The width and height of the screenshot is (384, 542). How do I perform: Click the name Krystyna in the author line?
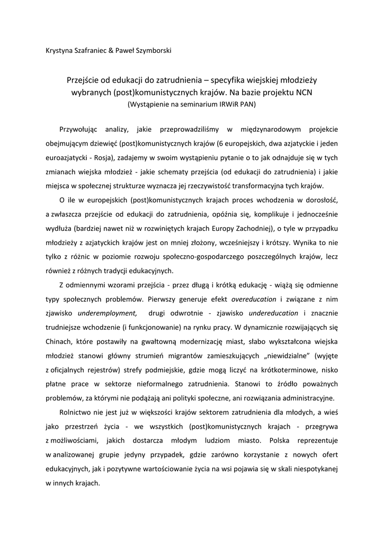tap(59, 51)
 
